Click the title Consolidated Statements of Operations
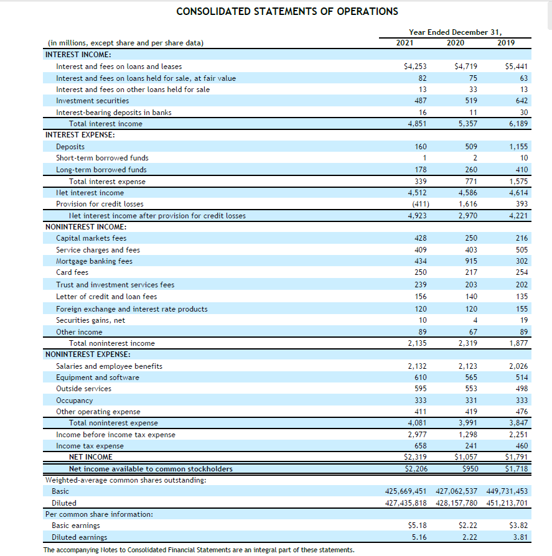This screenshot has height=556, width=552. coord(288,11)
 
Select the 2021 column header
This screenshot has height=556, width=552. coord(405,43)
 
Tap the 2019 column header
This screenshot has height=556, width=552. coord(508,43)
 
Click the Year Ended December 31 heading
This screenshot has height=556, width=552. coord(456,32)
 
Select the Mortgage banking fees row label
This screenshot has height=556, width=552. coord(94,261)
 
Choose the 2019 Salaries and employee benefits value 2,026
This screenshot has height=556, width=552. coord(518,366)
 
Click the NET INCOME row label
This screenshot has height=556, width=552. coord(91,457)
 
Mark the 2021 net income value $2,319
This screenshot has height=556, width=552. coord(416,457)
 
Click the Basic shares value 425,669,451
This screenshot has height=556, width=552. coord(408,491)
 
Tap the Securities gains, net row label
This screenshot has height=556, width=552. coord(91,320)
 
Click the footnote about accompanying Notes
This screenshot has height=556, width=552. coord(199,550)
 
